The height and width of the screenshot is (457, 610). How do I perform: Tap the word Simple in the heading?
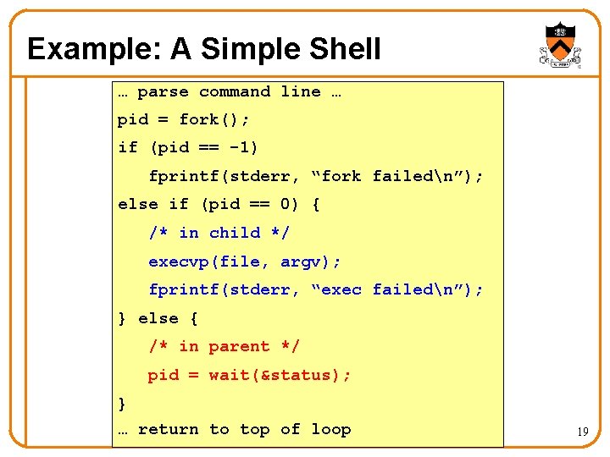pos(248,49)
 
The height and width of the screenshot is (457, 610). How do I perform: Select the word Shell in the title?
pos(344,49)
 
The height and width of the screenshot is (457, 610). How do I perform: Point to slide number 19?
pos(583,432)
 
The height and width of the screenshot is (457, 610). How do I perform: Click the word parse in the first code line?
pos(163,91)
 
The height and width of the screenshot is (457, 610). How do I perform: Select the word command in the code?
pos(235,91)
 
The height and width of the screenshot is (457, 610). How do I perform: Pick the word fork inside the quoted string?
pos(341,176)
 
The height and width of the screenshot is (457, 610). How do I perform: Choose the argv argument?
pos(302,262)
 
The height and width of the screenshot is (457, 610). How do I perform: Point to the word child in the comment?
pos(235,233)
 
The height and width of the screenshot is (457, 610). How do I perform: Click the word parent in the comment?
pos(240,346)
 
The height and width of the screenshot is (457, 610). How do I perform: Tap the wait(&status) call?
pos(280,375)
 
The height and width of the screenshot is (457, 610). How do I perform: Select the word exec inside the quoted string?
pos(341,289)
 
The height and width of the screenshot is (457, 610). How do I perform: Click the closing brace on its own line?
pos(122,403)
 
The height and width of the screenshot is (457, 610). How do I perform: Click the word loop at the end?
pos(330,429)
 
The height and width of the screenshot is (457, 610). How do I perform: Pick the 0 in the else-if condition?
pos(286,204)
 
